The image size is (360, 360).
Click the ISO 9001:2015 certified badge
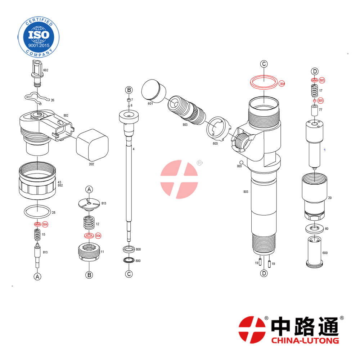click(39, 37)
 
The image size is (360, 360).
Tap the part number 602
click(46, 70)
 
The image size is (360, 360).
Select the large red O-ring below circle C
click(264, 82)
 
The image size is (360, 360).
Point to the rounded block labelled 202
click(92, 145)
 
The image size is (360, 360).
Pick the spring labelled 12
click(89, 222)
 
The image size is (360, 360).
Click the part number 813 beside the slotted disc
click(104, 203)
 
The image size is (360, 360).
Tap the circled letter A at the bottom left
click(37, 276)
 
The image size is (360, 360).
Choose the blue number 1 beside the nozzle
click(324, 150)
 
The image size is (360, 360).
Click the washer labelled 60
click(314, 228)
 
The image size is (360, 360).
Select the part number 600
click(325, 253)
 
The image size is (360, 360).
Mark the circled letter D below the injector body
click(264, 273)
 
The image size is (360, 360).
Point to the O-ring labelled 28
click(37, 211)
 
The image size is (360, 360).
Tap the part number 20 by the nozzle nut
click(330, 198)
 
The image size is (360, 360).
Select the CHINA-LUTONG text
click(305, 340)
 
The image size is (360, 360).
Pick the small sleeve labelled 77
click(314, 111)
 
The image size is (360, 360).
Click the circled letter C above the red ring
click(264, 64)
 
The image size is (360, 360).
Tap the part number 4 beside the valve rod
click(134, 149)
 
